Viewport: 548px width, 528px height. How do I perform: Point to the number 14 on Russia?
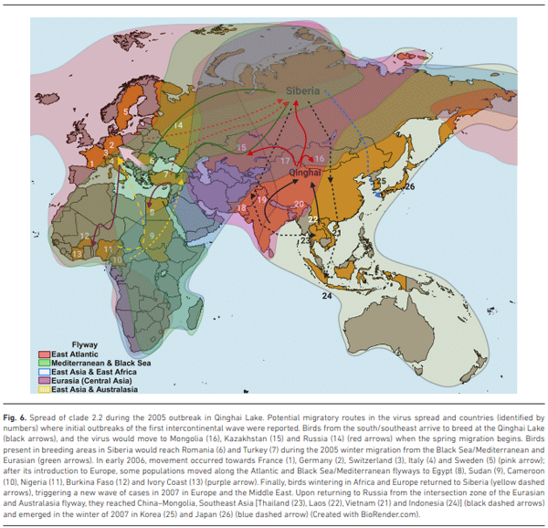(178, 124)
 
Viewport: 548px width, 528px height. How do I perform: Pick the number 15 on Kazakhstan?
(241, 146)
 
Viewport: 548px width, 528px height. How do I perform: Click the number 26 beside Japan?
(409, 186)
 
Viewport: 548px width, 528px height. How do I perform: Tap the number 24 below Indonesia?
(326, 296)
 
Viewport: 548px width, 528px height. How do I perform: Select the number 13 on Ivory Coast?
(79, 253)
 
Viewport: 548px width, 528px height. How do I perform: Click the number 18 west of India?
(242, 208)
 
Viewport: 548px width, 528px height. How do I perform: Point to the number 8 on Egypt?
(152, 212)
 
